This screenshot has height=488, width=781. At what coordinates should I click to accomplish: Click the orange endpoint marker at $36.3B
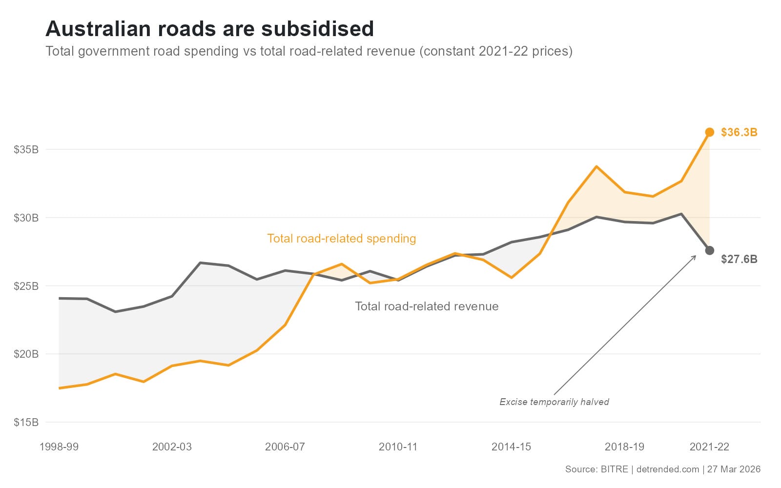coord(710,132)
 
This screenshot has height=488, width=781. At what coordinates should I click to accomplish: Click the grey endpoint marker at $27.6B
coord(710,250)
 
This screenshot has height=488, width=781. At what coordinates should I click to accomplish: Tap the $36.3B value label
coord(739,132)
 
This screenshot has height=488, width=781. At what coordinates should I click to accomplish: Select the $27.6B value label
coord(739,259)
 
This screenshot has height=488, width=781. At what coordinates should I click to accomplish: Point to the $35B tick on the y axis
coord(26,149)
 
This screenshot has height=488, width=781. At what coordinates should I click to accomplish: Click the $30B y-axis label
coord(26,218)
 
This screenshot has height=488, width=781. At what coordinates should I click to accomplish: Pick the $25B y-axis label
coord(26,286)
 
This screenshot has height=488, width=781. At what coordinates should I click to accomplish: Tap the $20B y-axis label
coord(26,354)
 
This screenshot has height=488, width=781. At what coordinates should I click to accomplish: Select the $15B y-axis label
coord(26,422)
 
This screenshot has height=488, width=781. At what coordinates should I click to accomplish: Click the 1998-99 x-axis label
coord(59,447)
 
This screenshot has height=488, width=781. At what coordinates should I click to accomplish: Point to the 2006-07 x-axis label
coord(285,447)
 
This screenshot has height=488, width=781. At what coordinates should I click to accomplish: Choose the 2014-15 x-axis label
coord(511,447)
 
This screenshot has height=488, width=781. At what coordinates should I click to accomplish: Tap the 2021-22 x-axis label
coord(709,447)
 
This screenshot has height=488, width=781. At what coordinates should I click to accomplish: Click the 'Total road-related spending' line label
coord(341,239)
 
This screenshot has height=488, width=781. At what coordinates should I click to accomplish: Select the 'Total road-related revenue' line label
coord(427,306)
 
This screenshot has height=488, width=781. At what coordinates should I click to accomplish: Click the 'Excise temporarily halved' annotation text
coord(554,402)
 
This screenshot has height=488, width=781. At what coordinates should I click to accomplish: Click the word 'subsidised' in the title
coord(318,29)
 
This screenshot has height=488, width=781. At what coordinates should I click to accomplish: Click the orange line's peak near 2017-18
coord(596,166)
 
